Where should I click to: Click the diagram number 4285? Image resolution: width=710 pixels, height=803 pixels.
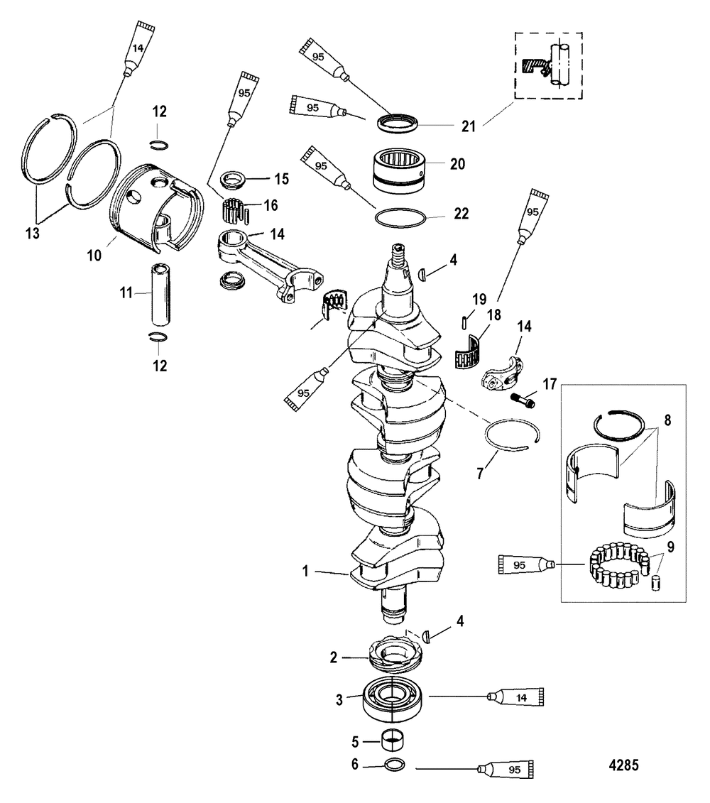pos(623,765)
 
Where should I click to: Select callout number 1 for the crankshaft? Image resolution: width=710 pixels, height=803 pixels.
pos(305,571)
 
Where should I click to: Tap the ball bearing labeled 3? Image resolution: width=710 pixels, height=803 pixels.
pos(393,697)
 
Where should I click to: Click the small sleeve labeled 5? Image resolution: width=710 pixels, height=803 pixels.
pos(394,740)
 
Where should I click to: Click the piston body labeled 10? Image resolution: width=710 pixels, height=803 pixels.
pos(156,207)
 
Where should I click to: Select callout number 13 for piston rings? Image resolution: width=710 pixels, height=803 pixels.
pos(32,234)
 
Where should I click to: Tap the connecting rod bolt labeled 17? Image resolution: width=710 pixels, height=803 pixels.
pos(523,401)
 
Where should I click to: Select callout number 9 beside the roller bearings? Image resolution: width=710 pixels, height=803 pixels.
pos(670,547)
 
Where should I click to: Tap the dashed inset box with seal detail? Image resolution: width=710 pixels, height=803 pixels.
pos(549,65)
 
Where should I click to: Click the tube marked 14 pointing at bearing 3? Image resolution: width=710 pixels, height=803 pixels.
pos(515,697)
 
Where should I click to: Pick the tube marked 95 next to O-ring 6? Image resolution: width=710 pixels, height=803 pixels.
pos(506,769)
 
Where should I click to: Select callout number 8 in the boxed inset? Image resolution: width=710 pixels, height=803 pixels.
pos(667,420)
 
